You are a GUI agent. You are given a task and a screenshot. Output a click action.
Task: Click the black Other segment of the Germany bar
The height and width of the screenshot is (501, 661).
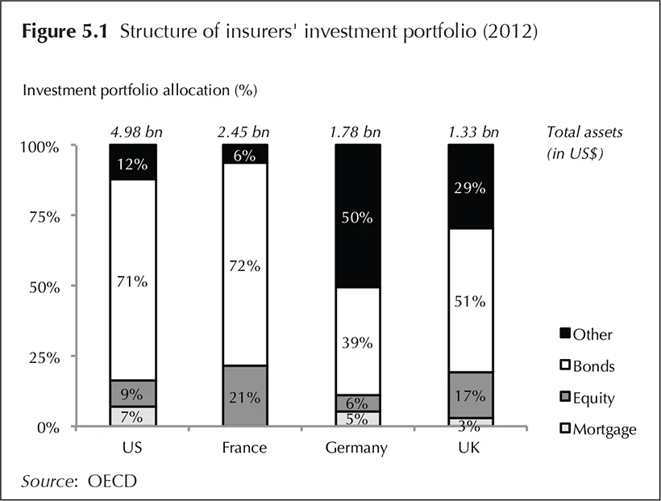click(358, 216)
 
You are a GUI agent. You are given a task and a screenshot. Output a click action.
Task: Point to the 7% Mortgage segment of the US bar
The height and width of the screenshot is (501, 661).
click(132, 416)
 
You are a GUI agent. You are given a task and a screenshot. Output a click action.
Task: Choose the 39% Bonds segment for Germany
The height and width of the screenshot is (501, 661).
click(358, 341)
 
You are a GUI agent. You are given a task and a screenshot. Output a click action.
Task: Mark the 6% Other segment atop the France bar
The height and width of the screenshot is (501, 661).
click(245, 154)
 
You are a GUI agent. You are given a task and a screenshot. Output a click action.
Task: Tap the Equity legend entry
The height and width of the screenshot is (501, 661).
click(592, 398)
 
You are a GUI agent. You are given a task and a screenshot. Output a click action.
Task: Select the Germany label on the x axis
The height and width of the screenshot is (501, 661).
click(358, 447)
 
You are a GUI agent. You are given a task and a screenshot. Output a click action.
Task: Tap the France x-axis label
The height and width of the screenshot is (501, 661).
click(245, 447)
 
